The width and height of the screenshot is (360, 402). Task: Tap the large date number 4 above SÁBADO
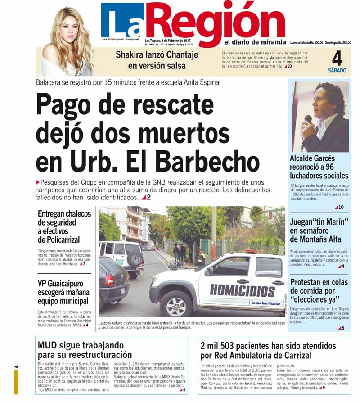pyautogui.click(x=337, y=59)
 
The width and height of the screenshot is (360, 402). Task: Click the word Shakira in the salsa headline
pyautogui.click(x=131, y=56)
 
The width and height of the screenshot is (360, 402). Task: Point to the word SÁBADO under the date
pyautogui.click(x=337, y=70)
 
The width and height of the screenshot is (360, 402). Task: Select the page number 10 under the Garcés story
pyautogui.click(x=341, y=207)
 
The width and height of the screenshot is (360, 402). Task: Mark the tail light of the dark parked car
pyautogui.click(x=109, y=279)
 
